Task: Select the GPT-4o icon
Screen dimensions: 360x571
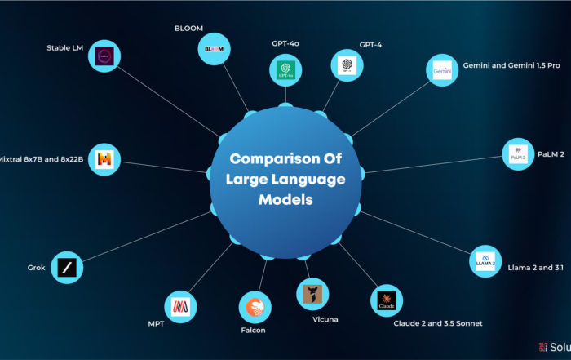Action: tap(285, 69)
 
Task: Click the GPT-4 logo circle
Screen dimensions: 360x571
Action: tap(346, 64)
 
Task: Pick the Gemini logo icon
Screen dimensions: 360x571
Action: tap(442, 71)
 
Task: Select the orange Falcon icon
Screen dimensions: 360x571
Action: tap(255, 307)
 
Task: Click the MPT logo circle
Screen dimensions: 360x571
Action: tap(179, 306)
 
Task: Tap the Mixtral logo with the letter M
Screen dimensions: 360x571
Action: tap(106, 159)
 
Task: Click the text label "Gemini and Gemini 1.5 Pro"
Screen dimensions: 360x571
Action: tap(511, 64)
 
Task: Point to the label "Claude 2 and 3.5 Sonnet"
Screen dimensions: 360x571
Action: tap(437, 323)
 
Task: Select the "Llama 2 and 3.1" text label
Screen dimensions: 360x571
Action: tap(535, 266)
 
